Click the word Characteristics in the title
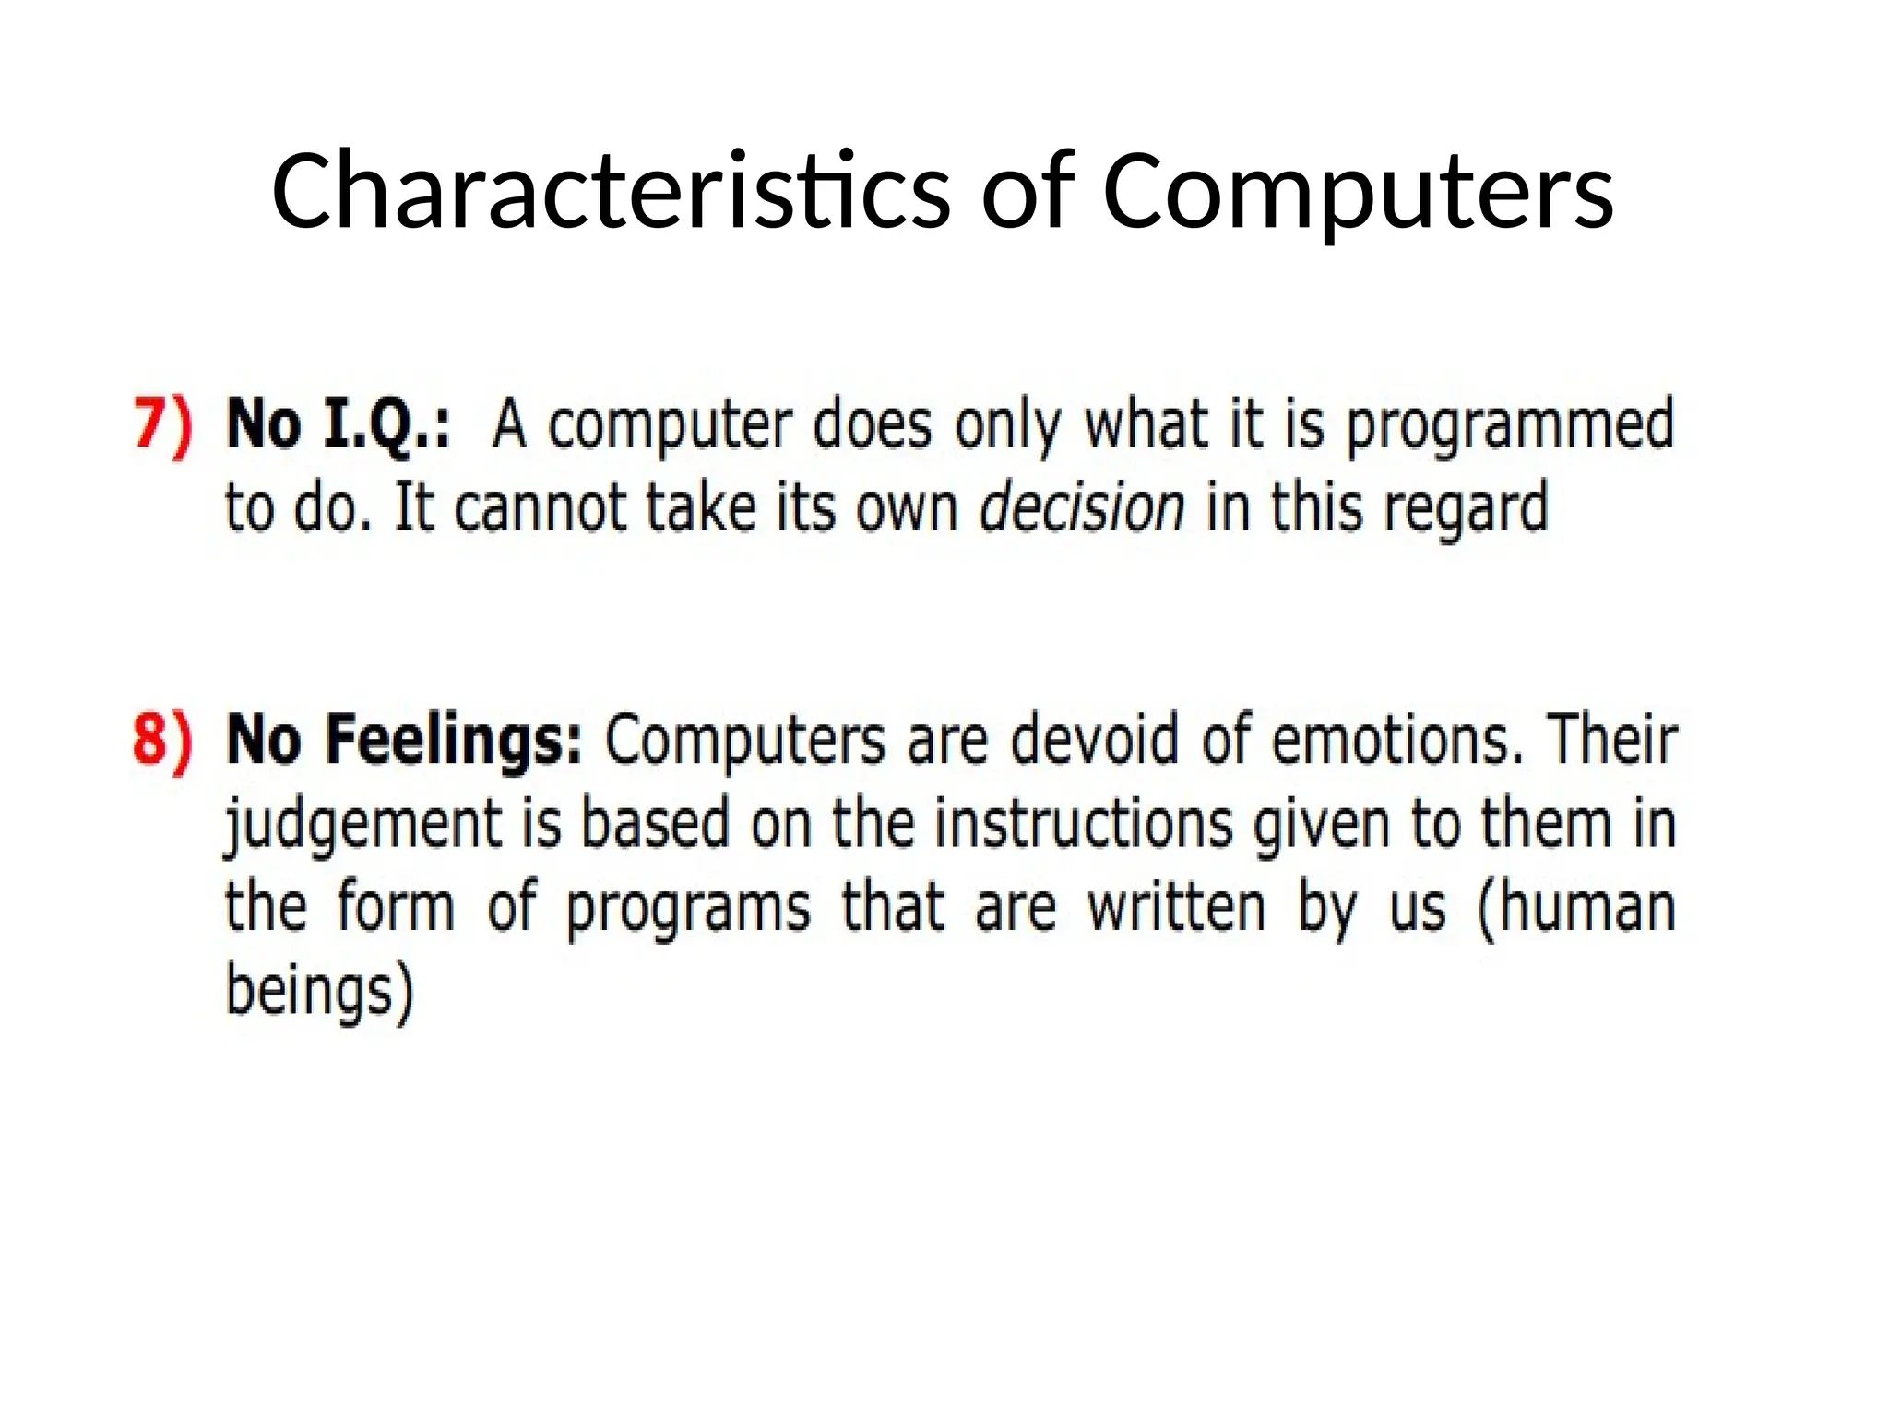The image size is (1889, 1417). [610, 191]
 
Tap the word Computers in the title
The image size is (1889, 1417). [1357, 191]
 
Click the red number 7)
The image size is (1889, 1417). [163, 426]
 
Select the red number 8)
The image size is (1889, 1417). [163, 740]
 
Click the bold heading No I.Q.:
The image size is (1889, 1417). [339, 426]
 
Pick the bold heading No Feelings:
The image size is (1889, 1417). [404, 740]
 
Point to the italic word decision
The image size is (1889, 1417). [1081, 508]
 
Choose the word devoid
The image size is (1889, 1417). [1094, 740]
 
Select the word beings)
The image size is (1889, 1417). [319, 992]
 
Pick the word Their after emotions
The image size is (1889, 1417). [1612, 740]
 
